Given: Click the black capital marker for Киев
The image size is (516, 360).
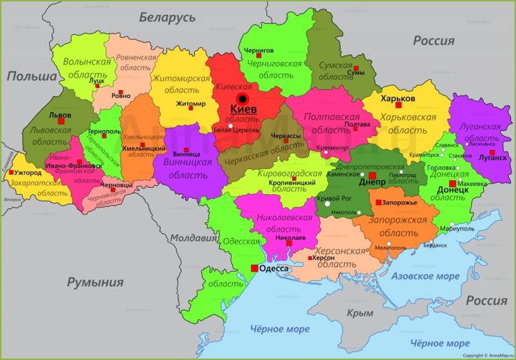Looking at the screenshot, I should click(243, 99).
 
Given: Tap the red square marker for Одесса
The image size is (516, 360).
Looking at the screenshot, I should click(255, 268).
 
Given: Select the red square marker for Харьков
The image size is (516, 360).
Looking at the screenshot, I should click(399, 105).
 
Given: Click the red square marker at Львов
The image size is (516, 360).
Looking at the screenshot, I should click(61, 121).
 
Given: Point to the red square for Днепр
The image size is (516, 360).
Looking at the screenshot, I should click(372, 175).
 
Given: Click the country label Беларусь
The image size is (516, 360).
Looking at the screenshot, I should click(166, 17).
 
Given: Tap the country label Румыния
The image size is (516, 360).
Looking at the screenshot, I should click(95, 282).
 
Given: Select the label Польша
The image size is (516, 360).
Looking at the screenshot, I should click(32, 76).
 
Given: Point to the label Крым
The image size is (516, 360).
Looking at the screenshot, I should click(360, 313).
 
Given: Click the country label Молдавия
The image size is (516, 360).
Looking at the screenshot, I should click(193, 238).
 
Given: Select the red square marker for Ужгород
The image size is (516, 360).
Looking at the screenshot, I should click(12, 173).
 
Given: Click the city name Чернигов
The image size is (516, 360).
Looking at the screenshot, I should click(259, 50).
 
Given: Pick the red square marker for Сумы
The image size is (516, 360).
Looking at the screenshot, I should click(355, 68).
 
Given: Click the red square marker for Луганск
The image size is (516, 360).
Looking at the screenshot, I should click(491, 153).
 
